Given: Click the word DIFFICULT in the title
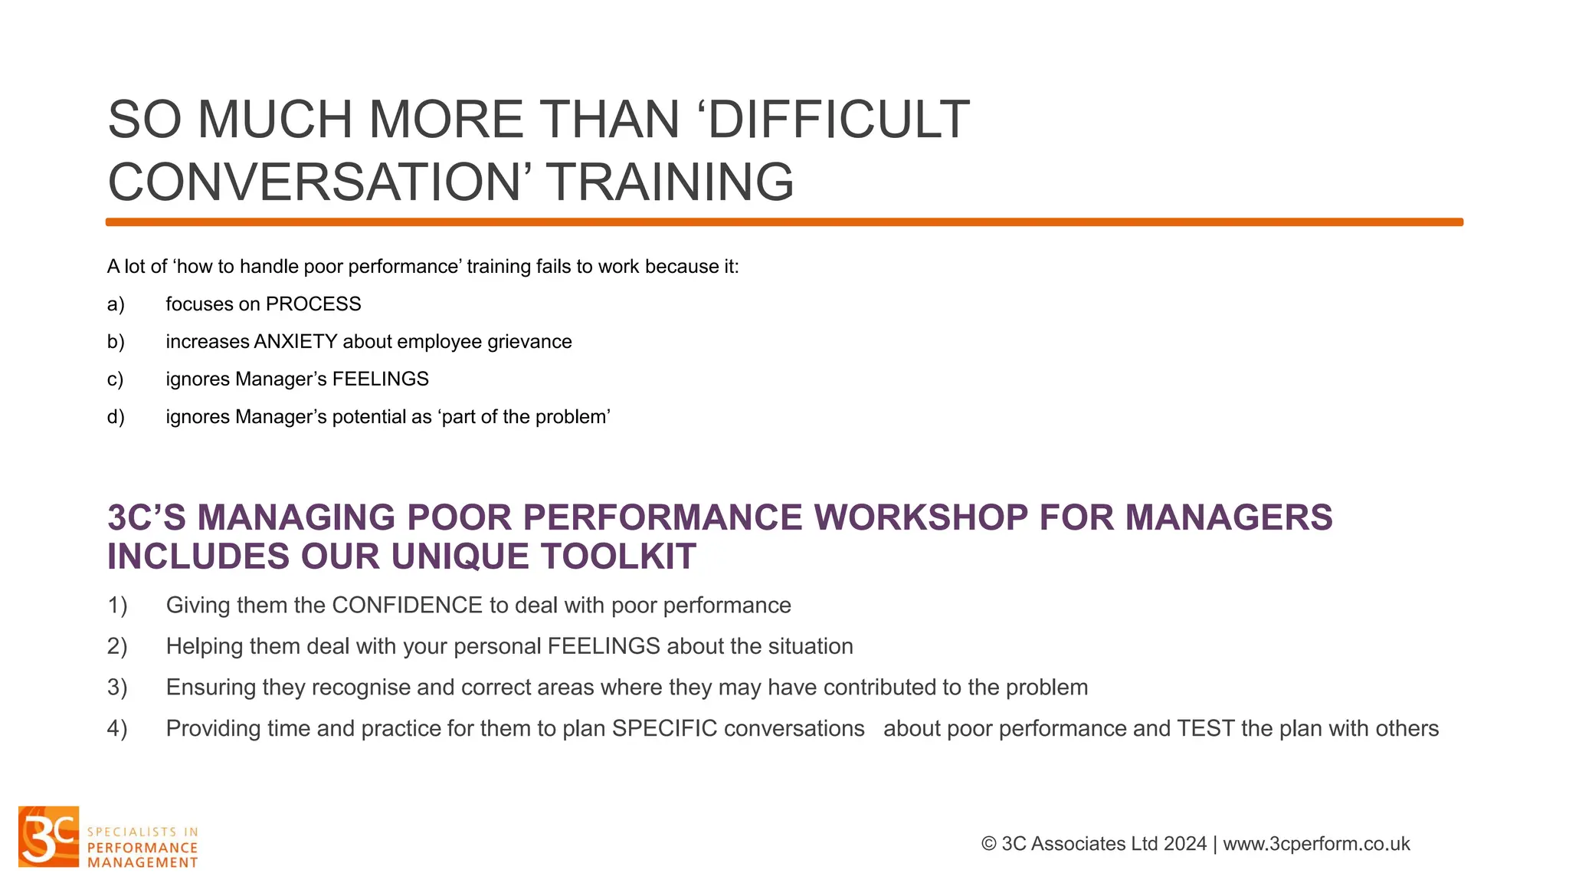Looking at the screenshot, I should (x=839, y=120).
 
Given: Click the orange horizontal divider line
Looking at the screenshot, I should (x=784, y=222).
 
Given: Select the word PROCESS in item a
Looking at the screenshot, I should (x=313, y=304).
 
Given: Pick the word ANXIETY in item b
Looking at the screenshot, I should (x=296, y=342).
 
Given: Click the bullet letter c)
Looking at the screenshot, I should (x=115, y=379).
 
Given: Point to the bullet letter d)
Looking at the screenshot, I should (x=116, y=417).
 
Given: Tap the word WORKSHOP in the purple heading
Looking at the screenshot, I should (x=921, y=517).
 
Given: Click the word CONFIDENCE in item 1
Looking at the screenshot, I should (x=407, y=606).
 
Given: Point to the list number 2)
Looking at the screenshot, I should (x=117, y=646).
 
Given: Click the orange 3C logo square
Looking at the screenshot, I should (x=49, y=836).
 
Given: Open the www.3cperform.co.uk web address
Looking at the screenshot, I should (x=1316, y=844).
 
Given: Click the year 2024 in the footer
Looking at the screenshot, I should (x=1184, y=844).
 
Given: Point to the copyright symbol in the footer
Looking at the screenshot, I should (x=989, y=844).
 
